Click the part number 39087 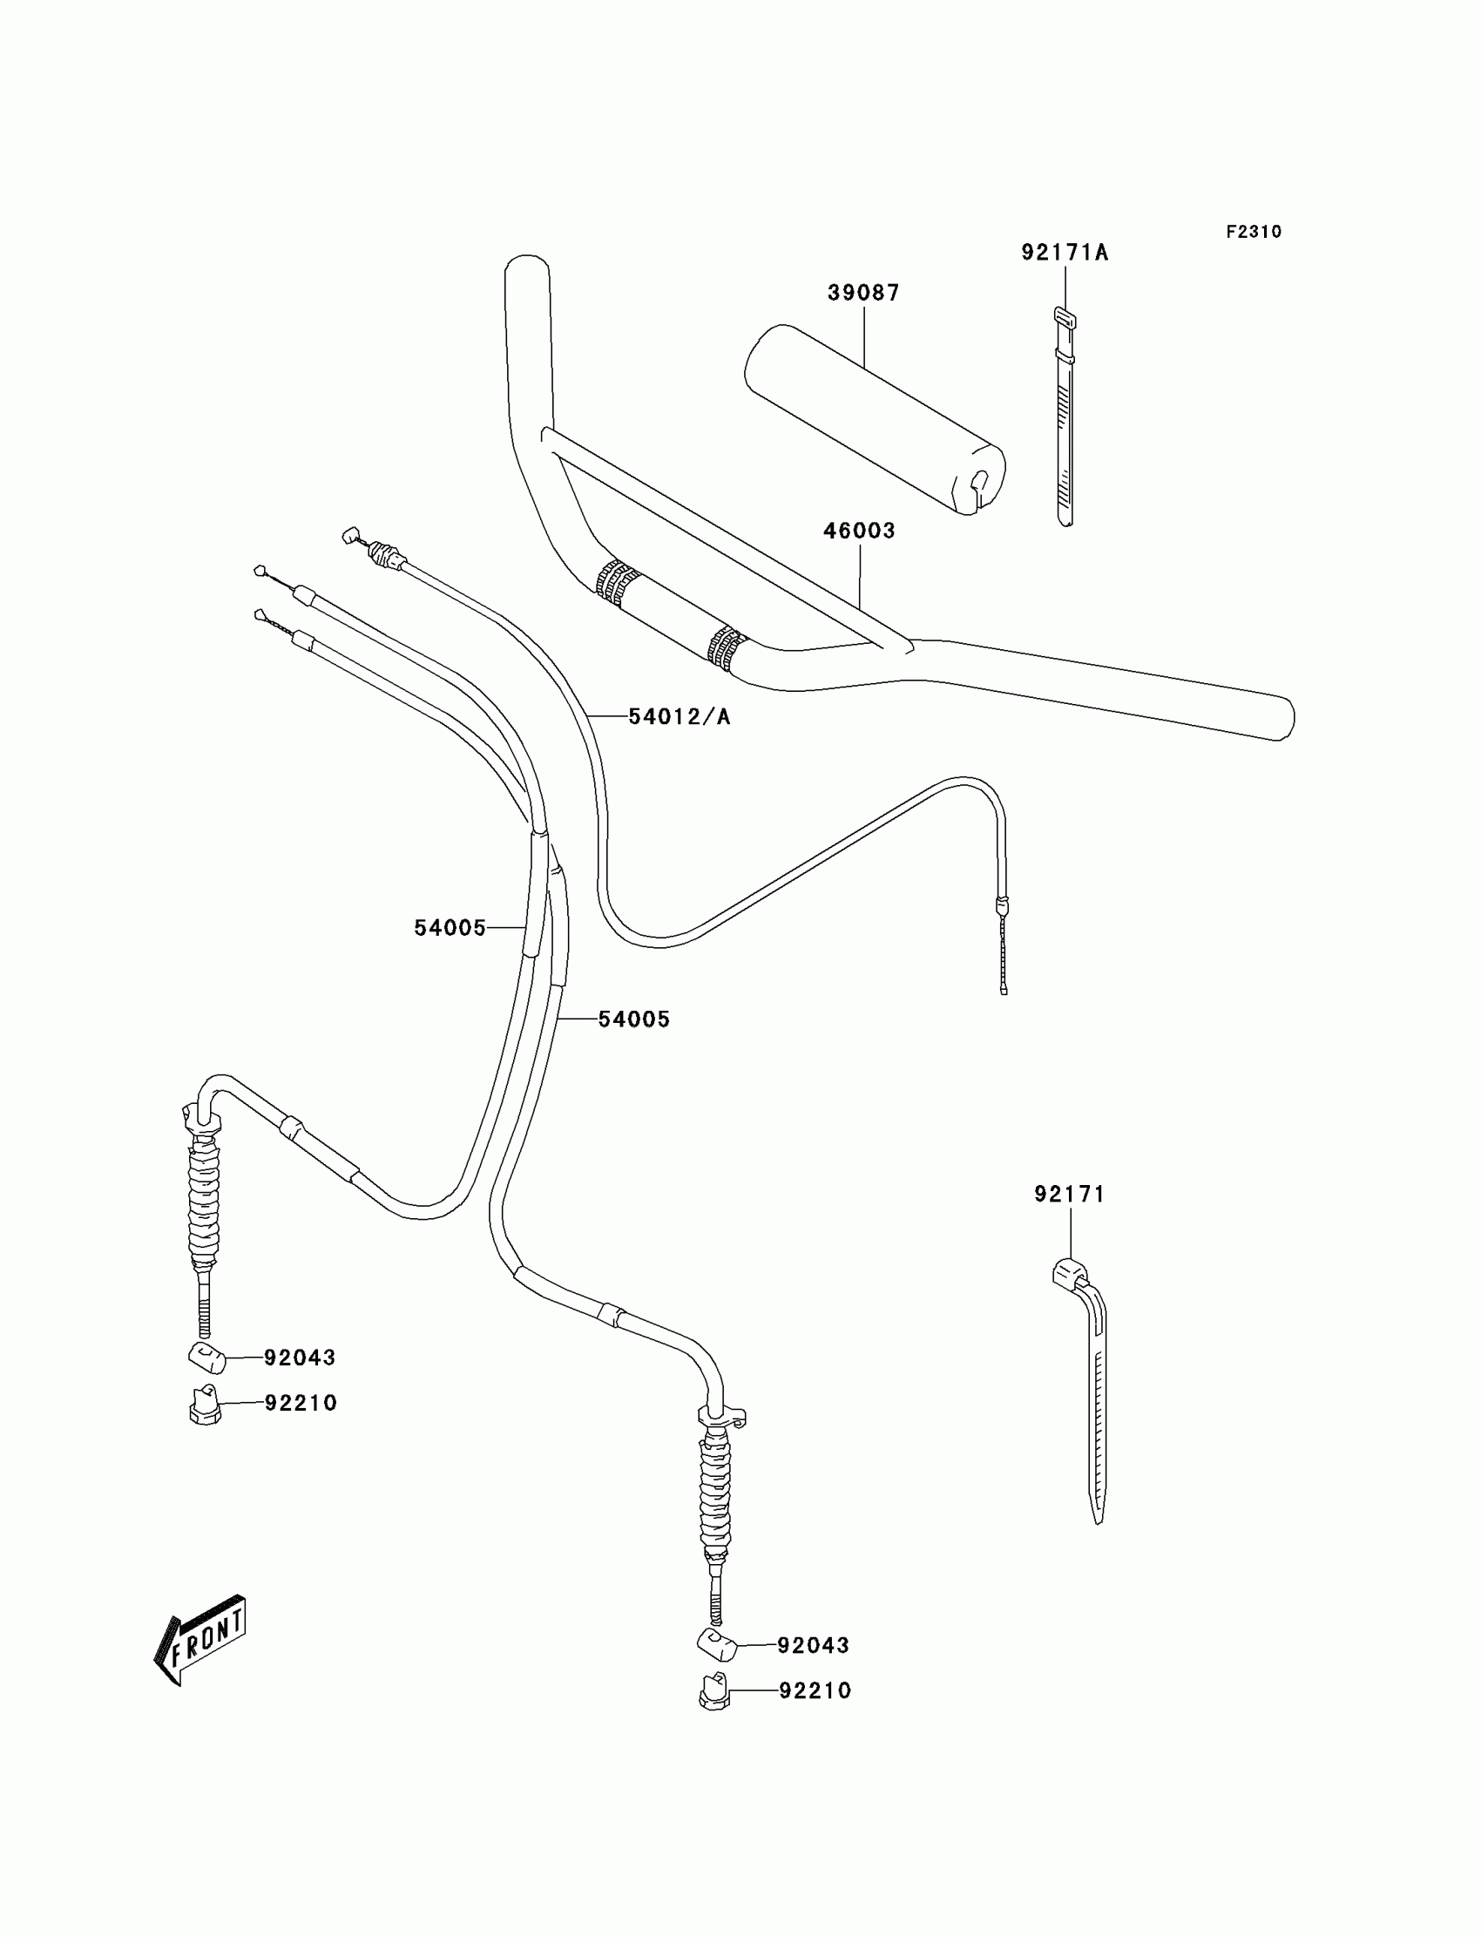[863, 293]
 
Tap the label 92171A [1064, 253]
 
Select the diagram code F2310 [1253, 232]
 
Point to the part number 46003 [859, 531]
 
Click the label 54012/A [679, 717]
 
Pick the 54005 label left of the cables [450, 927]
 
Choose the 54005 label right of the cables [634, 1019]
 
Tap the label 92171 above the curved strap [1068, 1194]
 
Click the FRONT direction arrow [201, 1640]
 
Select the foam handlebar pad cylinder [875, 420]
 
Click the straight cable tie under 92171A [1065, 423]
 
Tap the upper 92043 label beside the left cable [300, 1358]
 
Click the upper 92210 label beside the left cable [301, 1403]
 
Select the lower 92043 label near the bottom [813, 1645]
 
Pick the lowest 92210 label [815, 1690]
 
